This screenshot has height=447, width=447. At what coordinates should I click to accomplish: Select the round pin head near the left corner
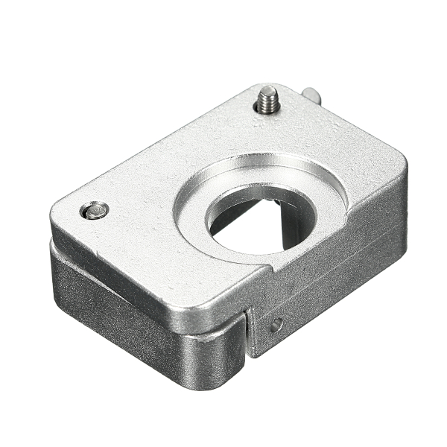coord(95,211)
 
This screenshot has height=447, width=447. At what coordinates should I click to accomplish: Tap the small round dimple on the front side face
coord(276,325)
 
